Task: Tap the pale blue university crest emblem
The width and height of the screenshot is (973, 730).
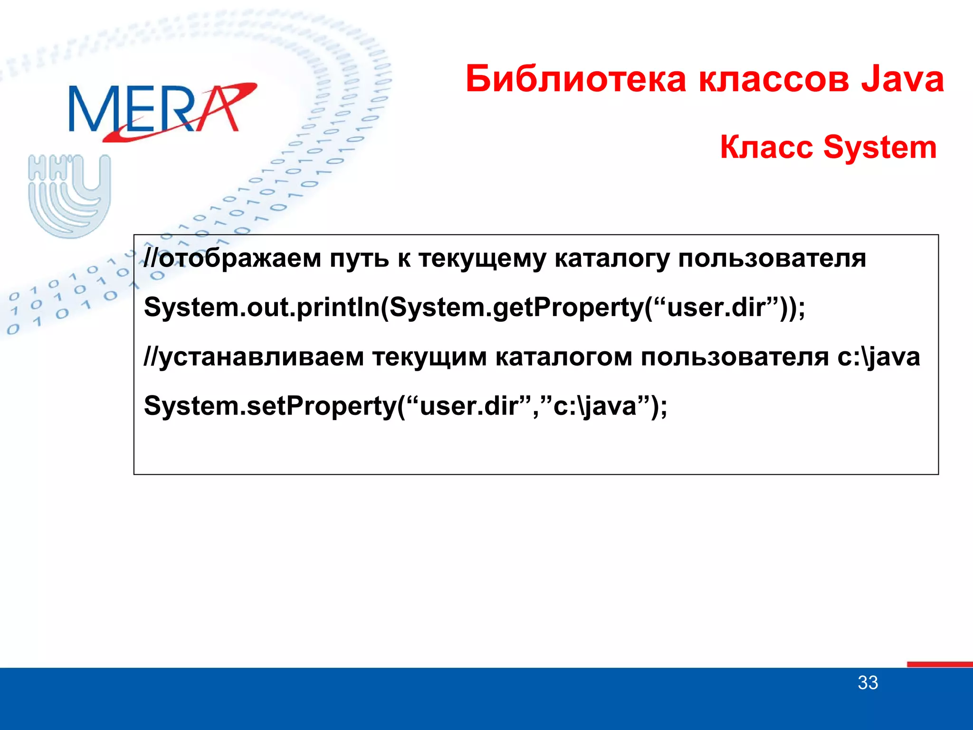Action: coord(69,195)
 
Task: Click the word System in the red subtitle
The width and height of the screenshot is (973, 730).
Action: coord(880,147)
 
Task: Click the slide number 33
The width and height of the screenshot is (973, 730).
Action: coord(868,683)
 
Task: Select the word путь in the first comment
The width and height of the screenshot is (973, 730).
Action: coord(360,259)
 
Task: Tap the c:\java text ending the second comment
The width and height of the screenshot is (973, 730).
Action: coord(878,357)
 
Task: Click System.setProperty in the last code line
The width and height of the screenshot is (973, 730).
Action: coord(270,406)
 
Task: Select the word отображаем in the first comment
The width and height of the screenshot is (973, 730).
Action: coord(240,259)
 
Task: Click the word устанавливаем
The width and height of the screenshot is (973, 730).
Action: coord(261,357)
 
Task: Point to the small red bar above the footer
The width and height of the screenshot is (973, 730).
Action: coord(939,664)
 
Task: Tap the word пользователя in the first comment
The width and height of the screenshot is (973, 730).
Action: coord(772,259)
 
